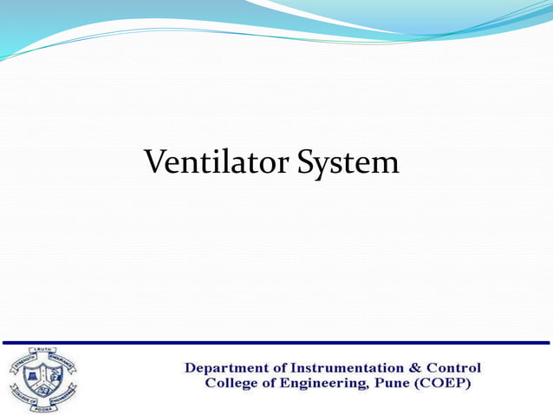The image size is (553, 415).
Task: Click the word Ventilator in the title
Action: point(217,162)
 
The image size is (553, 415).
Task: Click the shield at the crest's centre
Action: point(42,376)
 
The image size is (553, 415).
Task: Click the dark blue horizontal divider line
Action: point(276,343)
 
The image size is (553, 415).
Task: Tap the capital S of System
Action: point(307,162)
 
